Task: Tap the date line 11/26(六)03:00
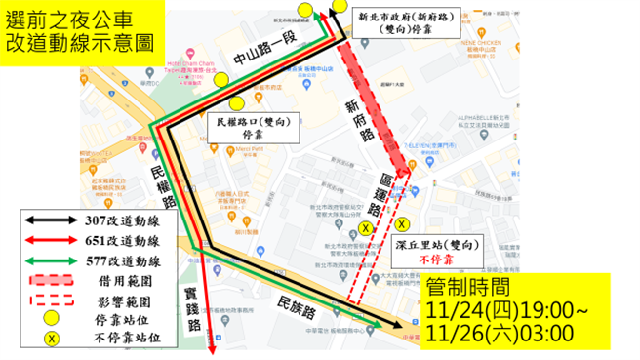tap(500, 335)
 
